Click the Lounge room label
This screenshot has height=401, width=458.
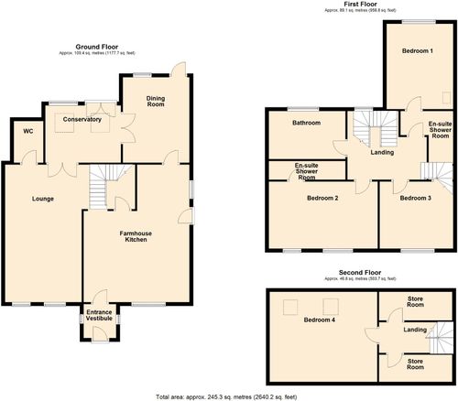[x=42, y=198]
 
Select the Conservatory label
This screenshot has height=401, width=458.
[x=82, y=119]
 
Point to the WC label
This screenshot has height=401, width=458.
[x=27, y=131]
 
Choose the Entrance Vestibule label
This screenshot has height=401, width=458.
[x=99, y=316]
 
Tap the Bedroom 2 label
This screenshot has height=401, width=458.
[x=323, y=198]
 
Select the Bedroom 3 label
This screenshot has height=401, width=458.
[x=415, y=198]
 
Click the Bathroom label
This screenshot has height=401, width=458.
[x=306, y=123]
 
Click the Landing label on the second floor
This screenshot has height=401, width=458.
[x=413, y=330]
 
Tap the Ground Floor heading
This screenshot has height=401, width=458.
[x=97, y=46]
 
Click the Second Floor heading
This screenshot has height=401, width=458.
[x=359, y=273]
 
